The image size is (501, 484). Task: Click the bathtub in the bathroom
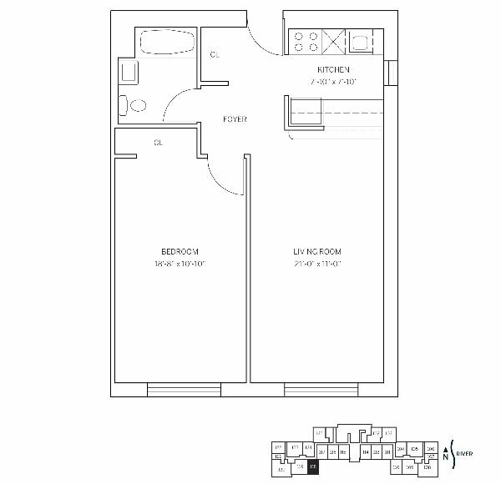(166, 43)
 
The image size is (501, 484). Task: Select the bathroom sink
(129, 72)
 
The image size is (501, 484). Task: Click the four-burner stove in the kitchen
(305, 42)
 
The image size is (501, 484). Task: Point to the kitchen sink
(362, 43)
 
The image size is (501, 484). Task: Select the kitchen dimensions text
(331, 82)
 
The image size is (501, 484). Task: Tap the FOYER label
(235, 119)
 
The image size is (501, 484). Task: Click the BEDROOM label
(180, 252)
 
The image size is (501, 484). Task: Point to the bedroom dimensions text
(180, 264)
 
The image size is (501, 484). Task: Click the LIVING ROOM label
(316, 252)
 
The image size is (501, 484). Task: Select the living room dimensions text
(316, 264)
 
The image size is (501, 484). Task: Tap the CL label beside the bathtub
(215, 54)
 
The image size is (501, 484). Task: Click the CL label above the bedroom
(158, 143)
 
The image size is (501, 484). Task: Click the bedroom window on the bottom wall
(184, 389)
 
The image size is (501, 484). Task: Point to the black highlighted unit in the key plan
(313, 467)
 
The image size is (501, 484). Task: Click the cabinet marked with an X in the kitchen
(335, 42)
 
